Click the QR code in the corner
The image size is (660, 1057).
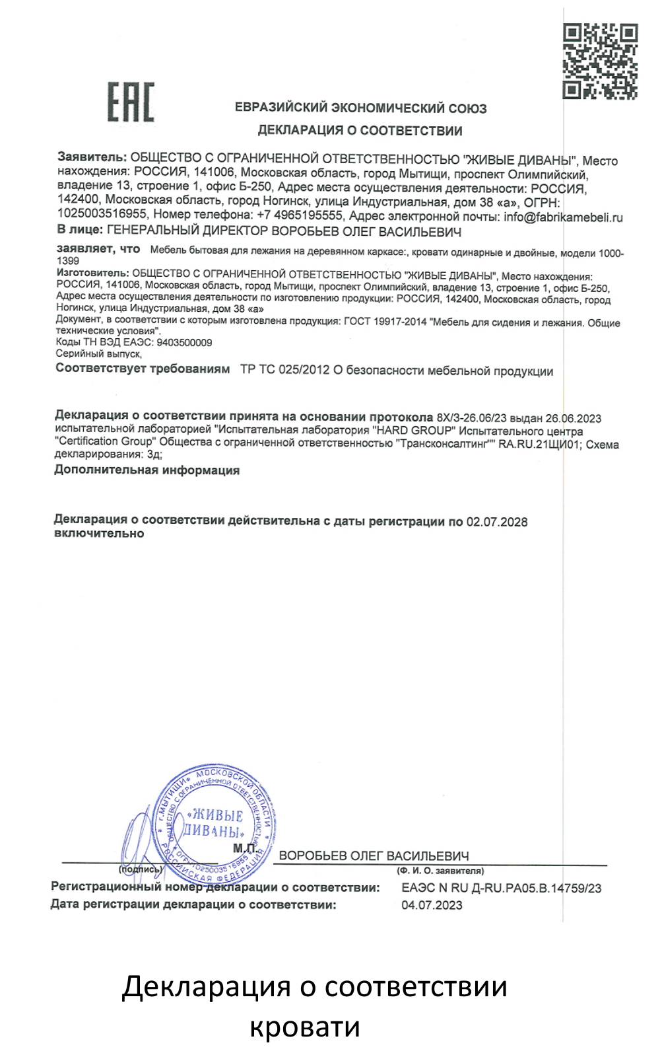[600, 61]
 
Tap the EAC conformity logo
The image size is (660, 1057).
[131, 102]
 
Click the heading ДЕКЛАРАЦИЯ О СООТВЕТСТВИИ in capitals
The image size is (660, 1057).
[360, 130]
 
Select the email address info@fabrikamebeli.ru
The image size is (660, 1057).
[563, 217]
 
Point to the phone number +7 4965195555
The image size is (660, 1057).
[300, 215]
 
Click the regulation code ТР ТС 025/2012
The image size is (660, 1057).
[284, 370]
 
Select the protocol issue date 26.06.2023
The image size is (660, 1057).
[573, 418]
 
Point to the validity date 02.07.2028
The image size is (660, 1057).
[497, 522]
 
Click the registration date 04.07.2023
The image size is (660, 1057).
[432, 905]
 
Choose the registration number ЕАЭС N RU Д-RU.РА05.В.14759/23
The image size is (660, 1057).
[501, 889]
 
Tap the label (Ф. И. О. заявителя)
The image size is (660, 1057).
[440, 871]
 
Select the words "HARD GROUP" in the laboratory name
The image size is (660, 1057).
[414, 430]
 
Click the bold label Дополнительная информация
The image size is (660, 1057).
[147, 470]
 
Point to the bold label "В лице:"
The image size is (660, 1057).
[80, 230]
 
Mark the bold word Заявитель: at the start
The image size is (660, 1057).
[92, 157]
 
